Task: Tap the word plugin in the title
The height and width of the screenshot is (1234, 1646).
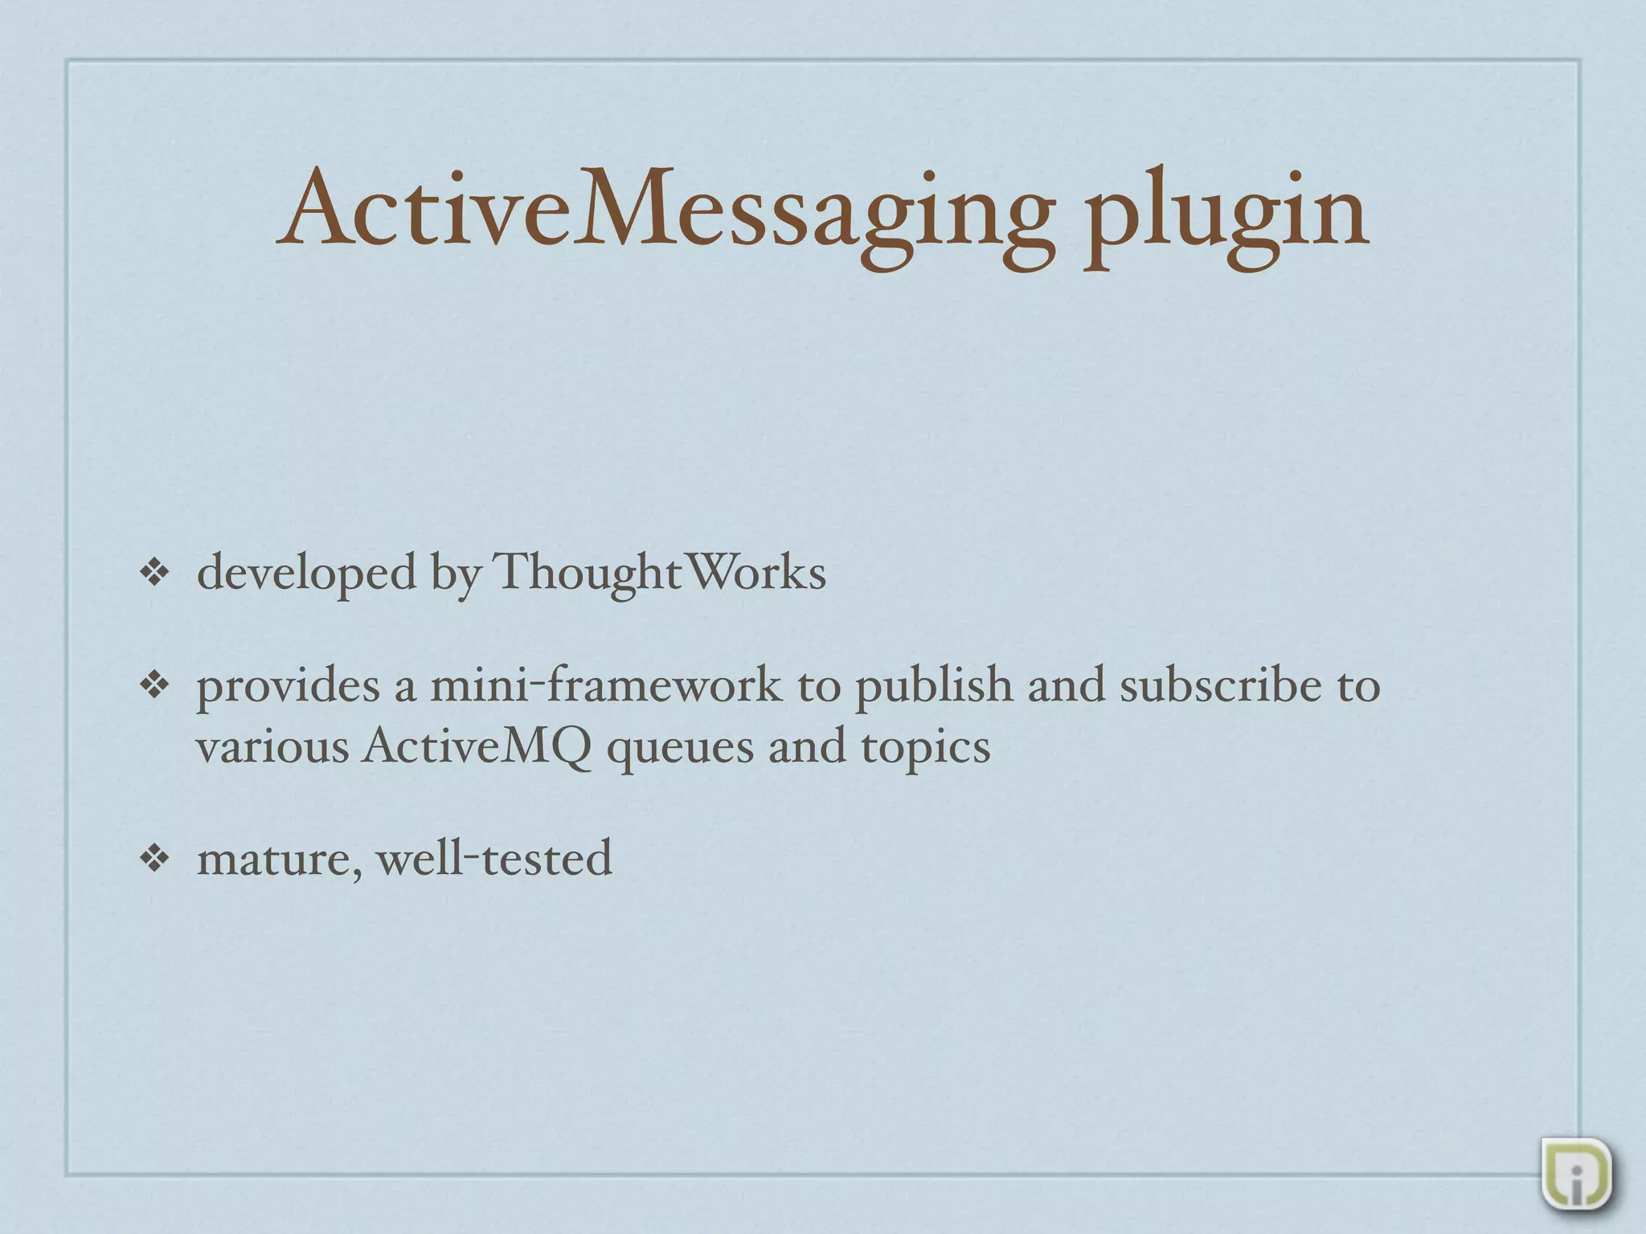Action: [x=1225, y=215]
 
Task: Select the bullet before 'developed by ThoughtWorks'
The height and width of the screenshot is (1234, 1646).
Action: [x=154, y=574]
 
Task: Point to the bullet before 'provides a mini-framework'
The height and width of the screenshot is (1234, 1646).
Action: [x=154, y=685]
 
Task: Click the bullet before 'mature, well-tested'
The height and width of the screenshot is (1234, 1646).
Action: [x=154, y=859]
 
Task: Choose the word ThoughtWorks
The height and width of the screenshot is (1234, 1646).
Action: [x=659, y=574]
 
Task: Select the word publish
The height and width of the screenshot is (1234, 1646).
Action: [x=933, y=687]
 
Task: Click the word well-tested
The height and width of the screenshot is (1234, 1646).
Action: [x=494, y=857]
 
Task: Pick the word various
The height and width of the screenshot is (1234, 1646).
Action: [x=272, y=747]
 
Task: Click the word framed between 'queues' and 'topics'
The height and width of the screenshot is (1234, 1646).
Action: [x=807, y=747]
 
